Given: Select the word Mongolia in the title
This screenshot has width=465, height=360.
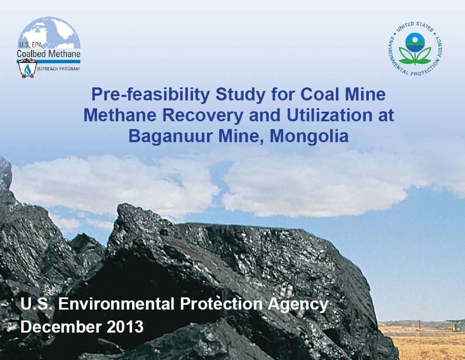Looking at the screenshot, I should (309, 136).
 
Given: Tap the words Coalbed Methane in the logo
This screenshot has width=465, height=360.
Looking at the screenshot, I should (48, 54).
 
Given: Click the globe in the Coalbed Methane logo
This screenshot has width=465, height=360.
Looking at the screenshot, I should (49, 33).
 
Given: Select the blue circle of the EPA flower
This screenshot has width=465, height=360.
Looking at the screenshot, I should (415, 42).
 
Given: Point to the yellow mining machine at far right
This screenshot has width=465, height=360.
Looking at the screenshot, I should (456, 327).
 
